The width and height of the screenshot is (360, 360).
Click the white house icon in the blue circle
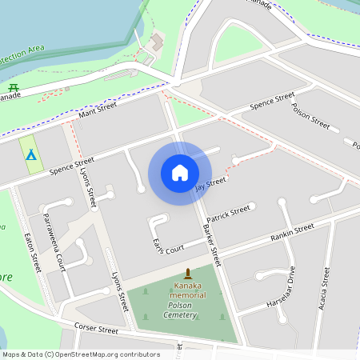[x=180, y=173]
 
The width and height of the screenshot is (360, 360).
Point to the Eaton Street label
[x=32, y=251]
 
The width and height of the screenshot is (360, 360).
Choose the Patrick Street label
[x=228, y=214]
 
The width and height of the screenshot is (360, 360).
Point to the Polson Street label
[x=310, y=116]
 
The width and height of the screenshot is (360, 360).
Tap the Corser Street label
[x=96, y=329]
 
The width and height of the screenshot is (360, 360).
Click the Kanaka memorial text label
[x=188, y=290]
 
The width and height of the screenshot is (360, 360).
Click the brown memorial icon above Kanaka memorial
[x=188, y=274]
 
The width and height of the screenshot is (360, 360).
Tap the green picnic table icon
[x=13, y=87]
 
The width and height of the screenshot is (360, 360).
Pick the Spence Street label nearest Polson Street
[x=272, y=103]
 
